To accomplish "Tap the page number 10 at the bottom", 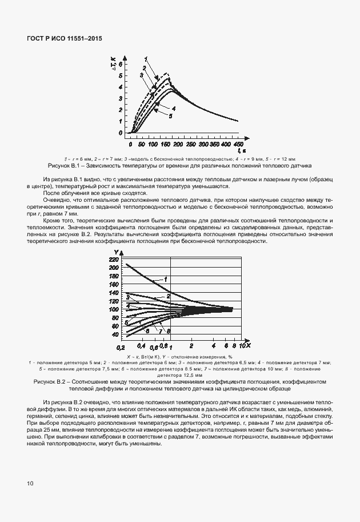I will pyautogui.click(x=30, y=484).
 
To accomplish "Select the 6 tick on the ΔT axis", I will pyautogui.click(x=121, y=66).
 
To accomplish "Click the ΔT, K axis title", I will pyautogui.click(x=120, y=56).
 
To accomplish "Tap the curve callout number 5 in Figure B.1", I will pyautogui.click(x=170, y=115).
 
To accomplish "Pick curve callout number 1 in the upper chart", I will pyautogui.click(x=146, y=59).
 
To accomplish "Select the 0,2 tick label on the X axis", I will pyautogui.click(x=121, y=347).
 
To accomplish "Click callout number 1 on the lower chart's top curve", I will pyautogui.click(x=165, y=278).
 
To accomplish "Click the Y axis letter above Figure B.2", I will pyautogui.click(x=116, y=252).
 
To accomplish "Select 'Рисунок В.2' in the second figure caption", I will pyautogui.click(x=52, y=381).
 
